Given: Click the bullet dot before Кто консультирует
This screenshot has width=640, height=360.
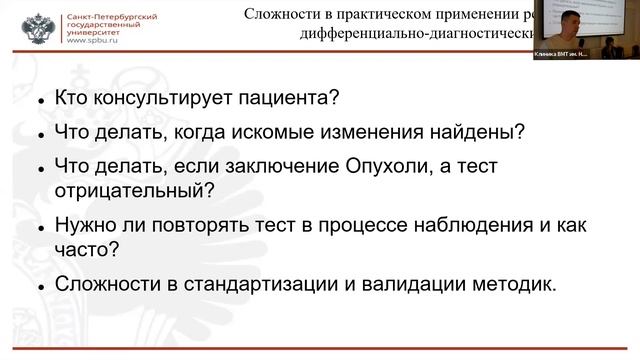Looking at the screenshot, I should coord(39,102).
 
